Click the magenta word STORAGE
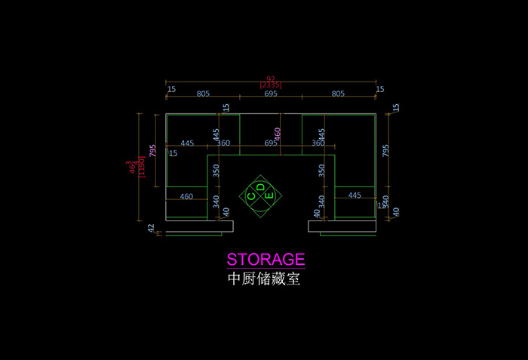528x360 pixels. coord(266,260)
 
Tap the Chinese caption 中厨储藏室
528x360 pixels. coord(264,279)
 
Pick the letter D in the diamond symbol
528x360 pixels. coord(260,186)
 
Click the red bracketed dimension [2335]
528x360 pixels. coord(270,85)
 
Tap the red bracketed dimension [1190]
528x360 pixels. coord(141,168)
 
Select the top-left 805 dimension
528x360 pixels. coord(203,94)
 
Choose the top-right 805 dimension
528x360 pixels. coord(337,94)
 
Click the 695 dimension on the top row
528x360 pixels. coord(270,94)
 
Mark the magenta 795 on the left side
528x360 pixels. coord(153,151)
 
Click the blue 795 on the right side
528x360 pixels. coord(386,151)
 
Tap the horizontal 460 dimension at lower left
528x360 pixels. coord(186,197)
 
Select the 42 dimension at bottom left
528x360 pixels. coord(151,227)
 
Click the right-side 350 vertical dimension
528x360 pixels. coord(322,171)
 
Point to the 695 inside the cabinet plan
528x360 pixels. coord(270,143)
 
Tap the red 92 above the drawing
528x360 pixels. coord(270,78)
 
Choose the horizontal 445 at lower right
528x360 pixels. coord(355,195)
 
